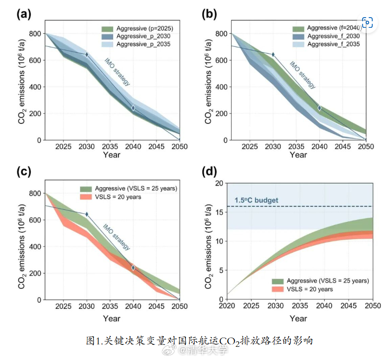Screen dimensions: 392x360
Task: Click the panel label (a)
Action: (24, 14)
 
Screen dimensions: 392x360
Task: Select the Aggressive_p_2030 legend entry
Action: (136, 36)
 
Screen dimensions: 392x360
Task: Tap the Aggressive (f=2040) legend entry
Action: (327, 28)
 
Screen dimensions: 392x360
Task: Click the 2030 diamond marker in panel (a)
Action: (87, 55)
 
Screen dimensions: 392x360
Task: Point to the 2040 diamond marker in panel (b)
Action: (319, 108)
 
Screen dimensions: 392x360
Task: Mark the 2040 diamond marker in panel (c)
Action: (133, 268)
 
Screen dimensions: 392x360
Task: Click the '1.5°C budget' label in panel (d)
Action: (256, 200)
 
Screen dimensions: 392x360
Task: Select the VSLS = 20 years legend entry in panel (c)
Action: (111, 197)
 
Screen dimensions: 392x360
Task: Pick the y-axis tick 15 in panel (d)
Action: (219, 212)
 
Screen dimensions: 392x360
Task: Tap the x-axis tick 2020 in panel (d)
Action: (227, 306)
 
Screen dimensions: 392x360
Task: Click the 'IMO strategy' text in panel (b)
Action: (302, 75)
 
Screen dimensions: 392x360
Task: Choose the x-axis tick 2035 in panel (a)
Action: (110, 146)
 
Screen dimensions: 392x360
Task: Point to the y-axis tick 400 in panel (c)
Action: (35, 247)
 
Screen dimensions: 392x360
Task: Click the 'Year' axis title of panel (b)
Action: (298, 155)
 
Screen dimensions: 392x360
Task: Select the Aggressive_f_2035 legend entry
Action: (326, 44)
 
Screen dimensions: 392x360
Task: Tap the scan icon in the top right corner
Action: (367, 22)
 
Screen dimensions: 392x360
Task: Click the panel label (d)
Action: (209, 172)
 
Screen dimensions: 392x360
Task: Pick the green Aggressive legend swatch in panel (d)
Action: (277, 281)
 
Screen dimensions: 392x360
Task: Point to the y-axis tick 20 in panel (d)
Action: (219, 183)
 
